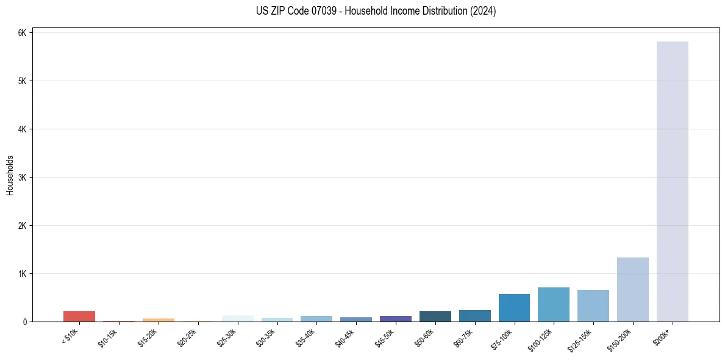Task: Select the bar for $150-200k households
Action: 632,289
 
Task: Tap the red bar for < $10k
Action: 79,316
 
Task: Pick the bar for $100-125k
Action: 553,304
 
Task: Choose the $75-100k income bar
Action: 513,308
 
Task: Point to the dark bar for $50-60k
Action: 435,316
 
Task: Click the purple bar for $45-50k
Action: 395,319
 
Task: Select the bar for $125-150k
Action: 593,306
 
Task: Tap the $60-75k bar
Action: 474,315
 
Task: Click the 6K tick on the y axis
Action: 22,33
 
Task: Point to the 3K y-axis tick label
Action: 22,178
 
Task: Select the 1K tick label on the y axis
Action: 22,274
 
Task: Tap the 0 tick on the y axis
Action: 24,322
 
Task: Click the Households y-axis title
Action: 10,175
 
